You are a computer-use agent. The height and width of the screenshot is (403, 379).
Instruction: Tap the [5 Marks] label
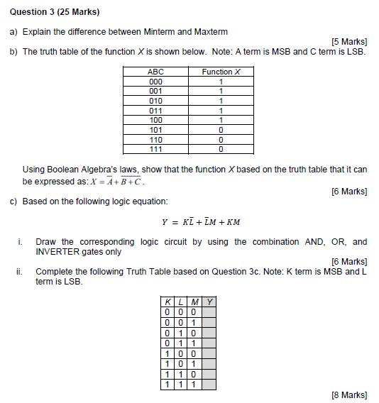[348, 42]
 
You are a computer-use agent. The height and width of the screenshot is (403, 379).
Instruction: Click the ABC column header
[155, 72]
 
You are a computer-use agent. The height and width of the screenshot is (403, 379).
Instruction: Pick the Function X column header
[221, 72]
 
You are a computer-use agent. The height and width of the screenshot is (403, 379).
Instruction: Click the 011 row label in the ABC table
[155, 110]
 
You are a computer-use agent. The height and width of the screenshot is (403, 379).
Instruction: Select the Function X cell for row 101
[221, 130]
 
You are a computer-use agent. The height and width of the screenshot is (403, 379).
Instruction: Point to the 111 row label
[155, 149]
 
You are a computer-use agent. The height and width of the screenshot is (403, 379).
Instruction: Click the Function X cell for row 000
[221, 82]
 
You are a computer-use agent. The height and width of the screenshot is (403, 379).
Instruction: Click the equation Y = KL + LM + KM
[202, 221]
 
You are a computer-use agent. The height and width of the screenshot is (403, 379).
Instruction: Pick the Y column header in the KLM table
[209, 301]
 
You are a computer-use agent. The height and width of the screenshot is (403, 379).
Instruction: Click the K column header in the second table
[167, 301]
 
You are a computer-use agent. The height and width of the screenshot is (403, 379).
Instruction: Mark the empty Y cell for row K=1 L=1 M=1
[209, 385]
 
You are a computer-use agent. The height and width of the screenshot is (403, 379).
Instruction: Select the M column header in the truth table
[193, 301]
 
